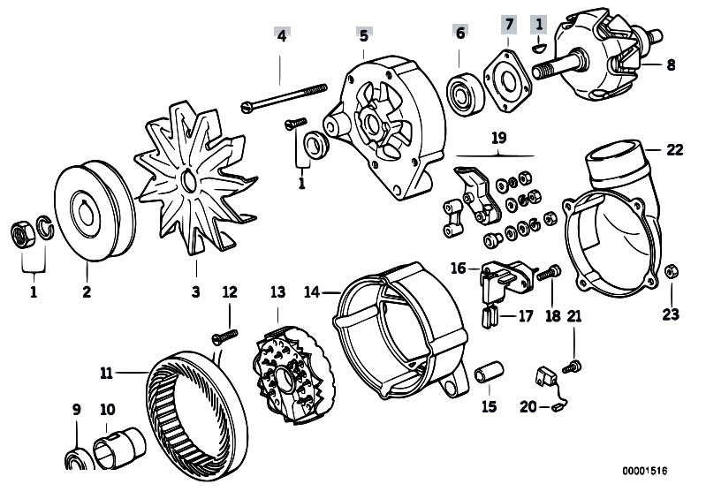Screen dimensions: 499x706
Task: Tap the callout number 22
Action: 674,150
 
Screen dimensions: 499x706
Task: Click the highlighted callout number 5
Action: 363,36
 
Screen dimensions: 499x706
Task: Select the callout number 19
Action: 499,139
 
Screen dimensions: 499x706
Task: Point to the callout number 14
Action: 312,291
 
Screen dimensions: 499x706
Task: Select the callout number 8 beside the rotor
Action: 670,64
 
